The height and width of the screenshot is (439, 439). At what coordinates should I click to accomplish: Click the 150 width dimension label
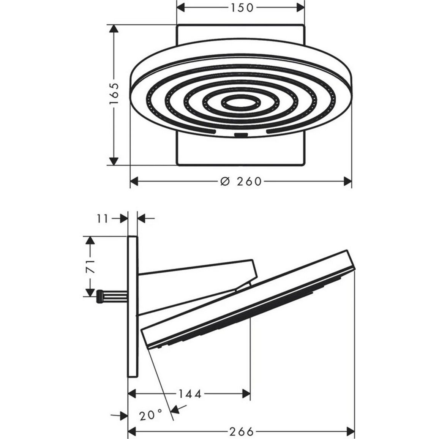tap(242, 8)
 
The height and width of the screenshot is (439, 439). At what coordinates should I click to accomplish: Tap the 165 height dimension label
tap(114, 93)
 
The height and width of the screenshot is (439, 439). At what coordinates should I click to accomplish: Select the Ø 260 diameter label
tap(241, 182)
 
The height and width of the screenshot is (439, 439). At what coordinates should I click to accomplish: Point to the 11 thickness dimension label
tap(103, 219)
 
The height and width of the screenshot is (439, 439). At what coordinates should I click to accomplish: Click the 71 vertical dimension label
tap(90, 266)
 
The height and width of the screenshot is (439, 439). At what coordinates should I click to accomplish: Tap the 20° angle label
tap(151, 415)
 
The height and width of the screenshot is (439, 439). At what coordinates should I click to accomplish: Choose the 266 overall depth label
tap(242, 431)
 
